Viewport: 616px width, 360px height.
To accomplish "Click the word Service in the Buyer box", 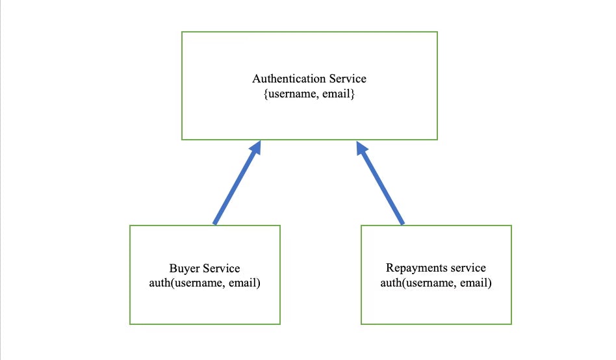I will (221, 268).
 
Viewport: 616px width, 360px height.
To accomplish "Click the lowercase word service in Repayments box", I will (465, 268).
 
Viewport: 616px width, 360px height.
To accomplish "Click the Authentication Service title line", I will (309, 79).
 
